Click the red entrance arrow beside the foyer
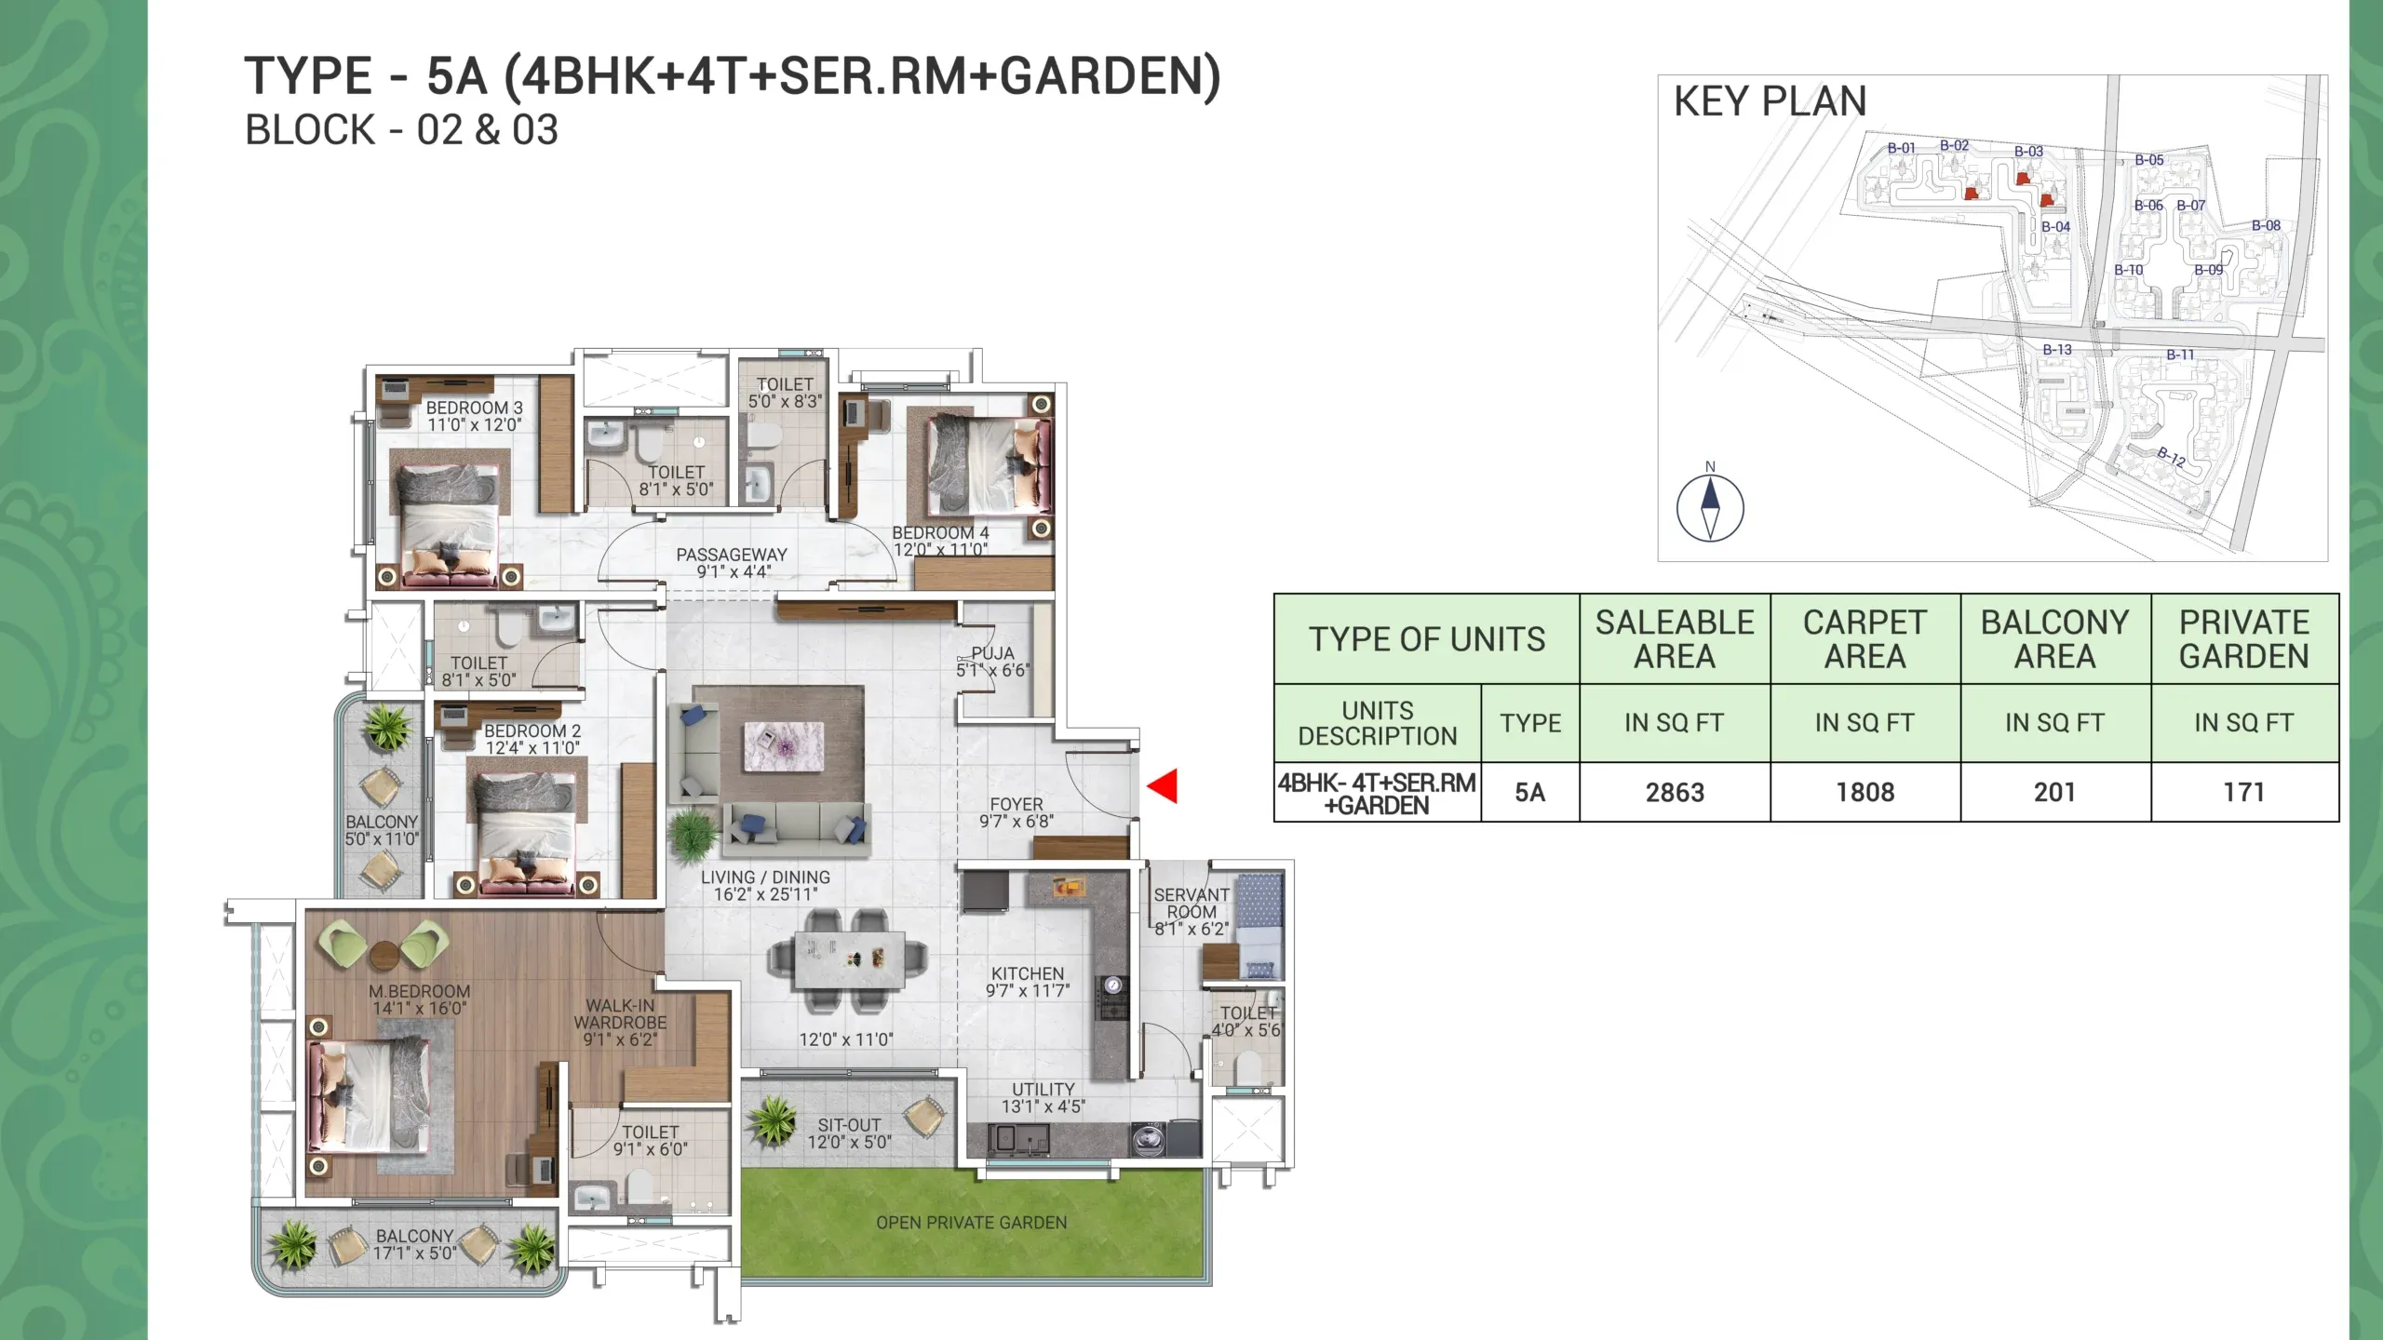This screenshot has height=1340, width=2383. coord(1163,786)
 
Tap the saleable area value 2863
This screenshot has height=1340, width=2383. coord(1675,793)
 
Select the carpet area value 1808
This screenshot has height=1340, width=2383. coord(1865,793)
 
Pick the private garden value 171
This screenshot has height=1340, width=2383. coord(2243,793)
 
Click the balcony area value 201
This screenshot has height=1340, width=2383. coord(2054,793)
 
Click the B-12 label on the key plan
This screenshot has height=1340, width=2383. coord(2172,456)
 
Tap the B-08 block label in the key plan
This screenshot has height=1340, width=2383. coord(2267,225)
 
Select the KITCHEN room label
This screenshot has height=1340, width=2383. coord(1028,973)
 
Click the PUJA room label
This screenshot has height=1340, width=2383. coord(992,653)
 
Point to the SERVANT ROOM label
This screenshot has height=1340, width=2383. coord(1191,903)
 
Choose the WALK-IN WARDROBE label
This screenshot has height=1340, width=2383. coord(620,1014)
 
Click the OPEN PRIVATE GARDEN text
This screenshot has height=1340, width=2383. coord(972,1223)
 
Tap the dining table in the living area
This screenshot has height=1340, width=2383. coord(850,960)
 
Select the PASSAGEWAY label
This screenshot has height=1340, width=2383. coord(732,555)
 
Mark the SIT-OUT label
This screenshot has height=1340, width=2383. coord(849,1125)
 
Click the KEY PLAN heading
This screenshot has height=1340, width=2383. coord(1770,101)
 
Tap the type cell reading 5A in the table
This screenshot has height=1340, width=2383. coord(1529,793)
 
